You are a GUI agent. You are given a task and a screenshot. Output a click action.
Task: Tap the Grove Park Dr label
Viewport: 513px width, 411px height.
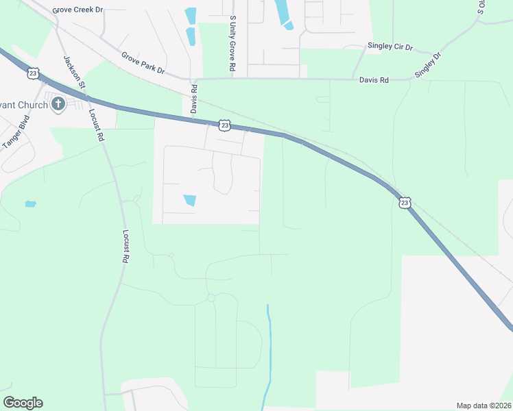[143, 62]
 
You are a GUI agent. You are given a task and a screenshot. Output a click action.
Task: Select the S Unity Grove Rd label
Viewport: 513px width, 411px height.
[233, 44]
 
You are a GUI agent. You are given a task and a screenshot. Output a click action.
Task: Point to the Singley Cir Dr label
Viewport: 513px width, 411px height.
[390, 47]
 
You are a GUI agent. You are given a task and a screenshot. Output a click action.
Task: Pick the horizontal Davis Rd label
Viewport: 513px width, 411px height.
[374, 80]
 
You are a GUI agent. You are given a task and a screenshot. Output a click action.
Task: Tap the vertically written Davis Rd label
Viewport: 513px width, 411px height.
[194, 99]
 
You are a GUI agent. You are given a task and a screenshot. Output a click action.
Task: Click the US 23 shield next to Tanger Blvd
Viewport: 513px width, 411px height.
[33, 73]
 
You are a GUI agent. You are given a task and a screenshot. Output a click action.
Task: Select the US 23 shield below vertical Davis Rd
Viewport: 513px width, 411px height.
[224, 125]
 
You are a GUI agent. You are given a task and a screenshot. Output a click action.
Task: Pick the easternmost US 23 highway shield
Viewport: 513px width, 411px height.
[405, 202]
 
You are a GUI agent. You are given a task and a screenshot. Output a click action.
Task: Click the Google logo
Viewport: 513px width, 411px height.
[23, 403]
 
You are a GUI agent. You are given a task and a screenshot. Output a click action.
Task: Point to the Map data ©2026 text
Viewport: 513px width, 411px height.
[484, 406]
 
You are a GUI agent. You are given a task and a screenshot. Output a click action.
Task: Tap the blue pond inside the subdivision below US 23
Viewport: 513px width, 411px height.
[189, 200]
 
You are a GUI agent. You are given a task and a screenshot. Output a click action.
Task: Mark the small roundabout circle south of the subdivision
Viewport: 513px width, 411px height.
[211, 298]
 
